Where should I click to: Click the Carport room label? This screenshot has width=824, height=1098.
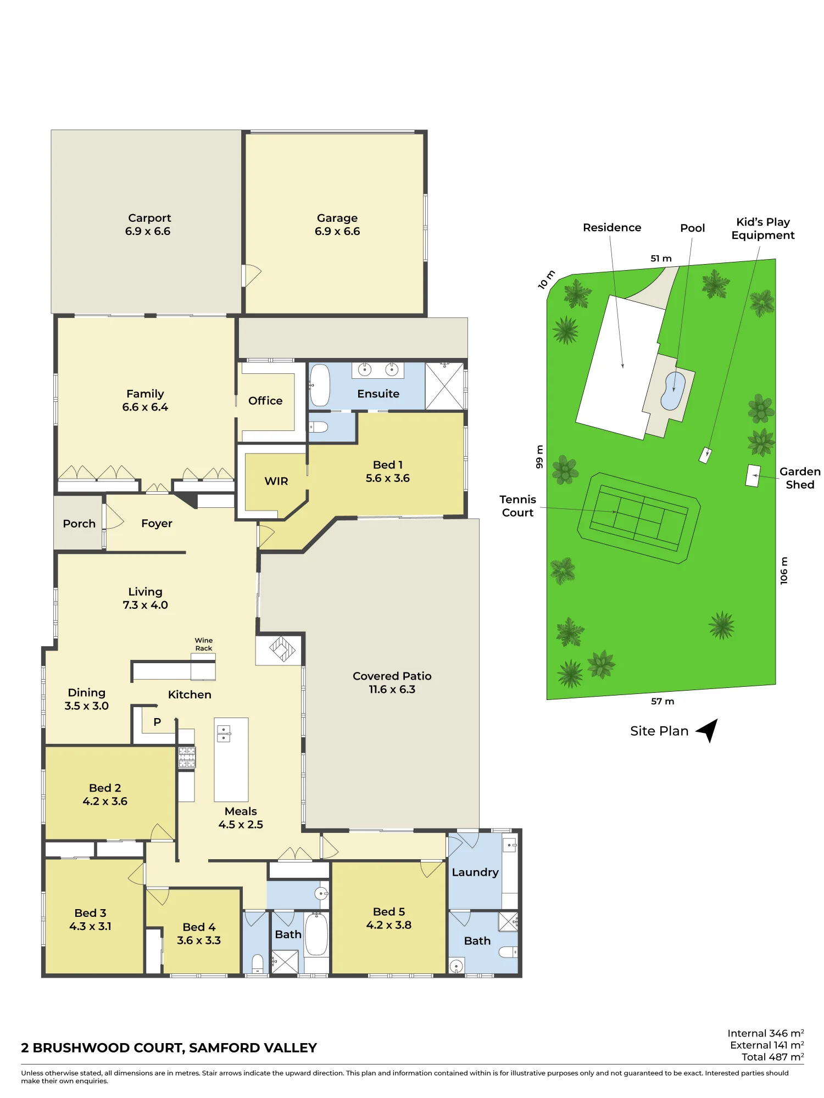click(x=149, y=218)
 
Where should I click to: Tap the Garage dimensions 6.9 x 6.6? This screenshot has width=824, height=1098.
click(x=337, y=232)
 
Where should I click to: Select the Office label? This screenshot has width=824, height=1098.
click(x=265, y=401)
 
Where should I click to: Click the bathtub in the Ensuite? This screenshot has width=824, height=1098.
click(x=320, y=385)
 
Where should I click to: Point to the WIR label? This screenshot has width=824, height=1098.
click(x=276, y=481)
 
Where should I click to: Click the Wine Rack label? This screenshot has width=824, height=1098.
click(x=204, y=645)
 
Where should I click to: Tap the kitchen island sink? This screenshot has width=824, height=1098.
click(x=224, y=733)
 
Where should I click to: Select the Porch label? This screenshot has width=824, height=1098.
click(x=79, y=524)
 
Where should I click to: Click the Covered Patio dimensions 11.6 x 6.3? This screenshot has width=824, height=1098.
click(x=392, y=690)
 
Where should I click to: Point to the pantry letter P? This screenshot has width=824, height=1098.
click(x=157, y=722)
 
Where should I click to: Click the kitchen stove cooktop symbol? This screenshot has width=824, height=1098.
click(x=187, y=757)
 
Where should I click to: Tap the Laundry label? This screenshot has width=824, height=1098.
click(x=475, y=872)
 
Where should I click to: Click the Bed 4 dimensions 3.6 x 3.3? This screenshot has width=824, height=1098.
click(x=199, y=940)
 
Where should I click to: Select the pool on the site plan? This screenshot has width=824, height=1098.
click(x=673, y=391)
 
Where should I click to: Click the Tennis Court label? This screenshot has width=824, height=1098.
click(x=517, y=506)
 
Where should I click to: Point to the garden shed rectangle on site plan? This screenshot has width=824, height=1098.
click(x=753, y=475)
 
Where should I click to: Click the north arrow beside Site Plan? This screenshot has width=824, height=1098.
click(x=708, y=730)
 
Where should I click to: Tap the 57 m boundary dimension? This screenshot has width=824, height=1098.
click(x=662, y=702)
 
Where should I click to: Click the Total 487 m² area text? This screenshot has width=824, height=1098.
click(x=773, y=1057)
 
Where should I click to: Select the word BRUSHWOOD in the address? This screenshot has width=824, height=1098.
click(x=107, y=1048)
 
